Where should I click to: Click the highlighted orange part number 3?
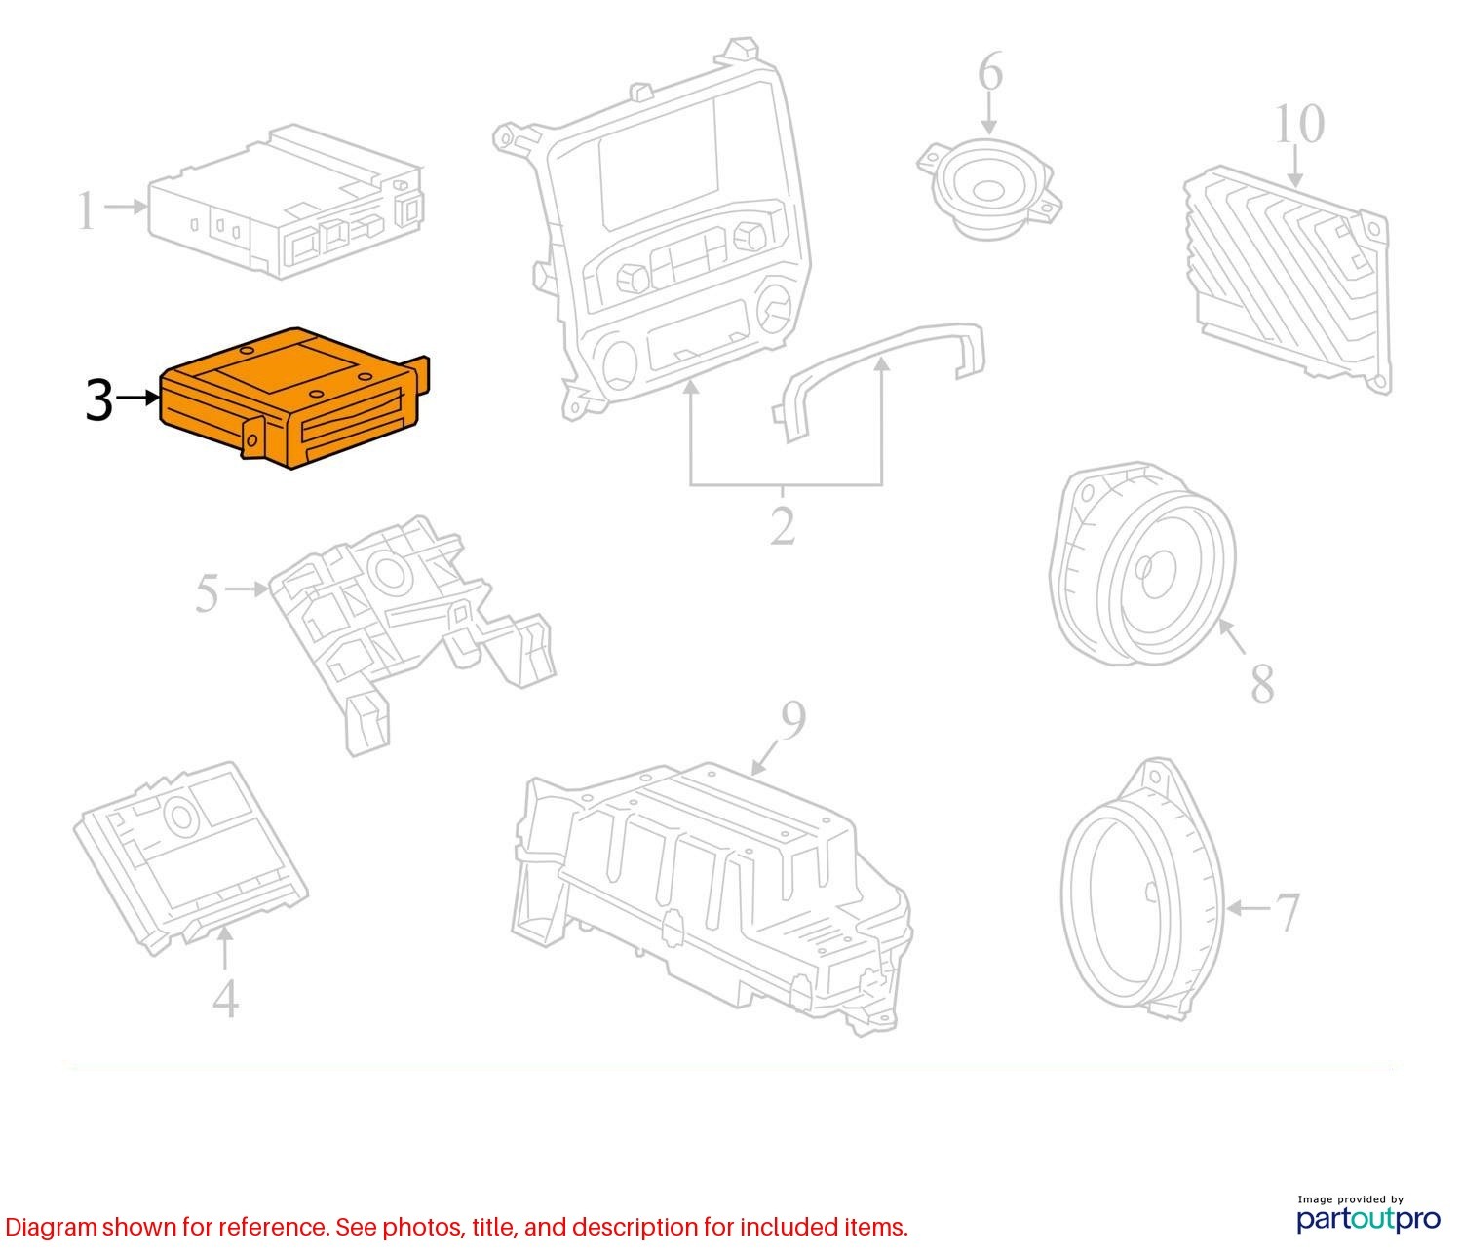click(x=293, y=398)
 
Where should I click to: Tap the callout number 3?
click(x=99, y=400)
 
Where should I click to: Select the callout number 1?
click(x=86, y=210)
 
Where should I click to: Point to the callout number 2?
click(x=783, y=525)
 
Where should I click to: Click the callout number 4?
click(x=225, y=999)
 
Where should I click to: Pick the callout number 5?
click(x=208, y=592)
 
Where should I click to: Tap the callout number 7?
click(x=1287, y=912)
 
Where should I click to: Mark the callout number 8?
click(x=1262, y=683)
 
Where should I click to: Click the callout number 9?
click(x=793, y=720)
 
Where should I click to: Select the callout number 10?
click(x=1299, y=125)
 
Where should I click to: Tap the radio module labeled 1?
click(x=285, y=202)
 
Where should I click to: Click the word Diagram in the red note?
click(x=51, y=1228)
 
